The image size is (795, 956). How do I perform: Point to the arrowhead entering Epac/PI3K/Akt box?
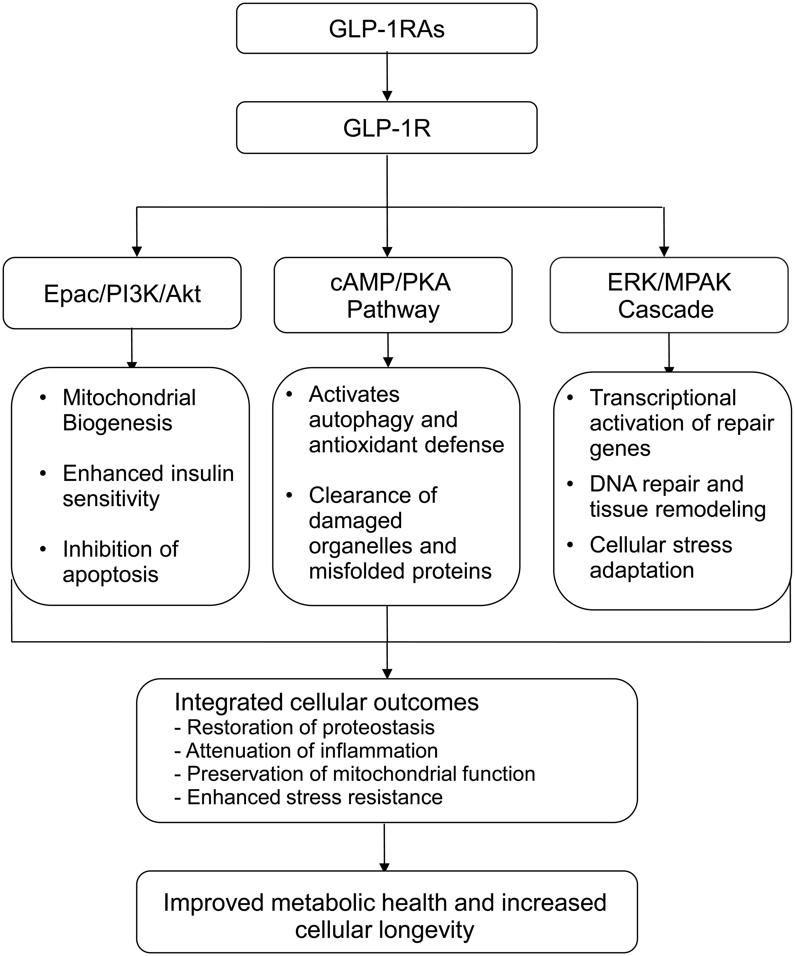(x=136, y=251)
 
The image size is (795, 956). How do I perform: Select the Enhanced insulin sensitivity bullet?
(x=148, y=486)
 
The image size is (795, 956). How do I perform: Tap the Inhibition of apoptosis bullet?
(x=120, y=561)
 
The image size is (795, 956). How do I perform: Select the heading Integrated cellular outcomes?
(x=326, y=702)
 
